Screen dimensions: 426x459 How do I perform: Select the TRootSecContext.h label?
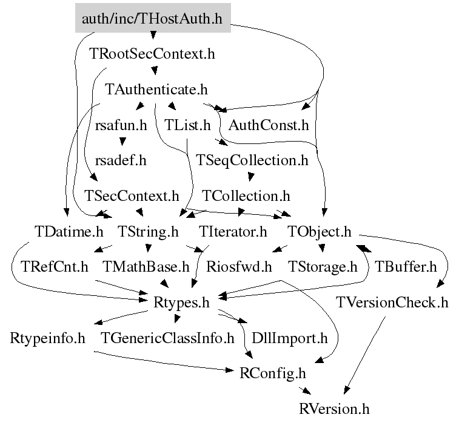[152, 54]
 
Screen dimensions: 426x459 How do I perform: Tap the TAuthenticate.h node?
[156, 90]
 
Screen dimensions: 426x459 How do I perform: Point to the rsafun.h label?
[121, 125]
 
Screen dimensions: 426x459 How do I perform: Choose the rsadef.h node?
[121, 160]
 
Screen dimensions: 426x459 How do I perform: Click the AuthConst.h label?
[269, 125]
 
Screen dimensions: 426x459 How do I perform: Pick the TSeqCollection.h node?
[252, 160]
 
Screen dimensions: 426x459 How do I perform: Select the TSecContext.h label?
[132, 196]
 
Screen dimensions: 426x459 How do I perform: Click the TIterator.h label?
[233, 231]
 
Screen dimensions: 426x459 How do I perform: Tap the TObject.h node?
[320, 231]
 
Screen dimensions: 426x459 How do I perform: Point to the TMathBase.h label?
[146, 266]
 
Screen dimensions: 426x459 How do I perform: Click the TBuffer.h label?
[405, 266]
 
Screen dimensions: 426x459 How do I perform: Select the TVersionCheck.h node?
[392, 302]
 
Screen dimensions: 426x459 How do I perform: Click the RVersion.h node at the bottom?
[333, 408]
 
